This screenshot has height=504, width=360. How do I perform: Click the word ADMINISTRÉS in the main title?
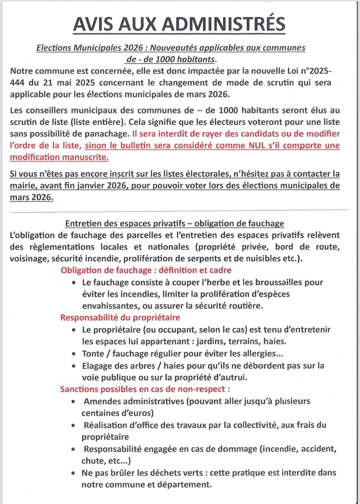coord(224,24)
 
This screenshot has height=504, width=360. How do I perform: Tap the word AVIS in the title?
coord(94,24)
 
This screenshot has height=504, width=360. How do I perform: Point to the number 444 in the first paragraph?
coord(17,83)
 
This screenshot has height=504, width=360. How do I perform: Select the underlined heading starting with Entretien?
coord(174,224)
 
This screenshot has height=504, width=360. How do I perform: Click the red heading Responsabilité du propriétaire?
coord(120,318)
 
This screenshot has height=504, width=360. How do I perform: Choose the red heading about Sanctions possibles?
coord(145,389)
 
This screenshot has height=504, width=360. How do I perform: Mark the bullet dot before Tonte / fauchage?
coord(73,354)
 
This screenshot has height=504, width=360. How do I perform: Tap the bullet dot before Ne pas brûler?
coord(73,473)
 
